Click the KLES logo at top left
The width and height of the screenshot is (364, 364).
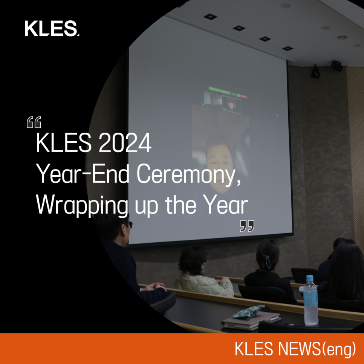click(52, 28)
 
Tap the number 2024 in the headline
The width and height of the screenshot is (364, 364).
click(125, 143)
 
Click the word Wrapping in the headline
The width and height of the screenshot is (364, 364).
click(82, 205)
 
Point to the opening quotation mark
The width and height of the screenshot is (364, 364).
click(34, 122)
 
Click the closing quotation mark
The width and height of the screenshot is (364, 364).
click(247, 226)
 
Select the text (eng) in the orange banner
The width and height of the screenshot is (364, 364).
click(339, 349)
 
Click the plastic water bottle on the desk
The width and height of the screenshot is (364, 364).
click(310, 300)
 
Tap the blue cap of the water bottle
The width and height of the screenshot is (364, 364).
click(310, 278)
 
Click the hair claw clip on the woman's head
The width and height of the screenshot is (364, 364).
click(266, 263)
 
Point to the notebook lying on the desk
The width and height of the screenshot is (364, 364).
click(251, 320)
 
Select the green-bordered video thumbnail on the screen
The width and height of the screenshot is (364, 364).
click(231, 104)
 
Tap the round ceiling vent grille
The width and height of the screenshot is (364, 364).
click(342, 37)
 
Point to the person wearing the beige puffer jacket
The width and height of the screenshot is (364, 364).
click(203, 272)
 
